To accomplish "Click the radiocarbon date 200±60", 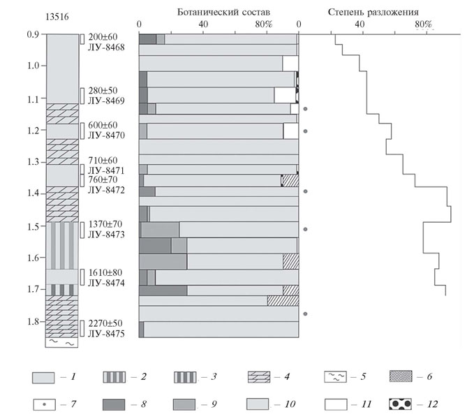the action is pos(103,37).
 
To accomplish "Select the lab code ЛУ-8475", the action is pos(106,334).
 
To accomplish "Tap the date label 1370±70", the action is pos(105,224).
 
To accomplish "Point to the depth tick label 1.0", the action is pos(33,66).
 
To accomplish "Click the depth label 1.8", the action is pos(33,321).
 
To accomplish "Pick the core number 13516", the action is pos(57,17).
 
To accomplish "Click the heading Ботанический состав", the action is pos(223,12).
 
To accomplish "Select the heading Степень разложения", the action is pos(373,12).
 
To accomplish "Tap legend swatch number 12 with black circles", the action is pos(400,404).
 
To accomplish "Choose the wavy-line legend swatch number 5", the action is pos(335,376).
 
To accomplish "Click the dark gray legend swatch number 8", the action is pos(114,404).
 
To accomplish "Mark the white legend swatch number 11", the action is pos(336,404).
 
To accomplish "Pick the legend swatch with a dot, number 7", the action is pos(44,404).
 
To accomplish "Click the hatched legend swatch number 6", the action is pos(401,376).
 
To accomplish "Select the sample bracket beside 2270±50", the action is pos(82,328).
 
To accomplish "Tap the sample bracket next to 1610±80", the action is pos(82,277).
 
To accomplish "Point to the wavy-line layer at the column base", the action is pos(61,342).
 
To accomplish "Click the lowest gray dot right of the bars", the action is pos(305,314).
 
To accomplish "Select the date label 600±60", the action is pos(103,125).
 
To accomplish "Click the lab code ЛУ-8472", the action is pos(106,190).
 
